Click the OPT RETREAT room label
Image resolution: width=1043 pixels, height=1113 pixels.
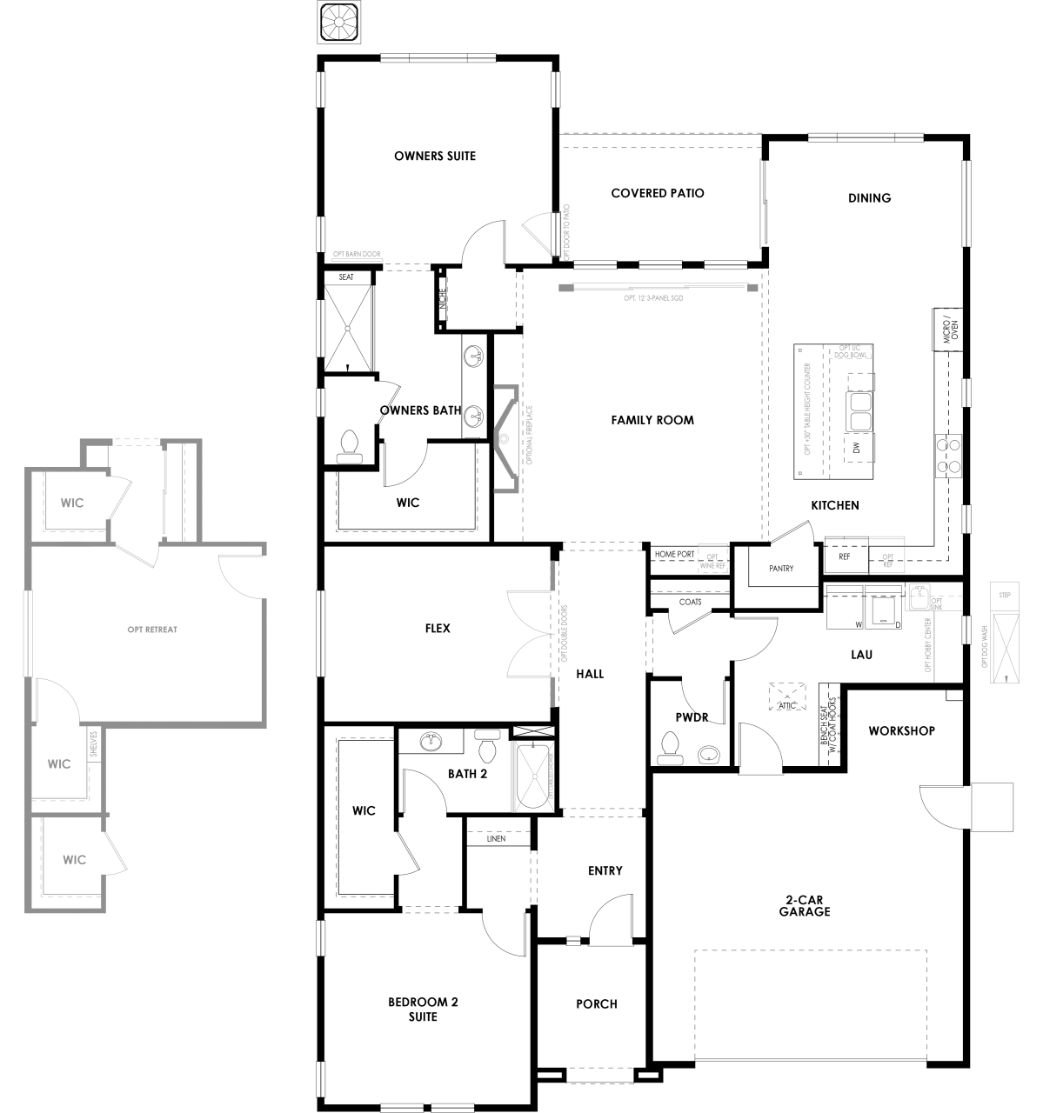[152, 630]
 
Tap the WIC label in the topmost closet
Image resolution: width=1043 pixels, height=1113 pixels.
[72, 503]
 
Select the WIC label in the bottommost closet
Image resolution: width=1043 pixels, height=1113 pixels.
[75, 860]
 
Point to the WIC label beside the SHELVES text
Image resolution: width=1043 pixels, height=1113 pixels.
[59, 764]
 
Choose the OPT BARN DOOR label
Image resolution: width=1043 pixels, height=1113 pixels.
[357, 255]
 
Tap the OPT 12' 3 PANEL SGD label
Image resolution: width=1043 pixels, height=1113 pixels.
[653, 298]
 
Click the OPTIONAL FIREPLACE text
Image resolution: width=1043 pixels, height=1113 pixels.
[530, 435]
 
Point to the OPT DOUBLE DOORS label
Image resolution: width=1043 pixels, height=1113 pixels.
[565, 634]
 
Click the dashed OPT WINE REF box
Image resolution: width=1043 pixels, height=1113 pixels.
[712, 558]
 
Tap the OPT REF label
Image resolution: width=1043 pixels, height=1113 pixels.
[888, 561]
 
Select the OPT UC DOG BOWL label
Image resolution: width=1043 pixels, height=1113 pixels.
[850, 351]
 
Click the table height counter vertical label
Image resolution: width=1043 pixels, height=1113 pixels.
[808, 409]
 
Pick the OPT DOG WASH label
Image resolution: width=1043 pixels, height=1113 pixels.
[984, 645]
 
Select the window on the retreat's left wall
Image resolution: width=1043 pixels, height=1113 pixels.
[28, 633]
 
